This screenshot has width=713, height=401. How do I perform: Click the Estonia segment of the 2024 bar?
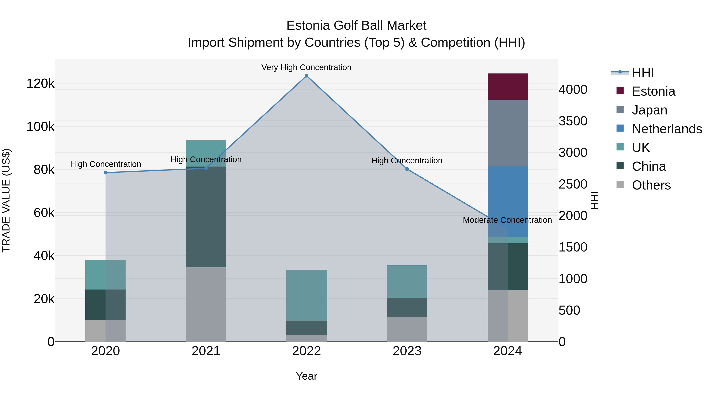point(507,86)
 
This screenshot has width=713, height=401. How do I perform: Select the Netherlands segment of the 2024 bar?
point(507,201)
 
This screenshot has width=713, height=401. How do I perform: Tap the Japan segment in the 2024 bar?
point(507,133)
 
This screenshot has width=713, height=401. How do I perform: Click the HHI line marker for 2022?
point(306,76)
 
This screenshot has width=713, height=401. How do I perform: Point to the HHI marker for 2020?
point(105,173)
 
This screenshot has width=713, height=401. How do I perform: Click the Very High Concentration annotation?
point(306,67)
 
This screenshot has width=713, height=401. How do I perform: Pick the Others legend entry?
point(651,185)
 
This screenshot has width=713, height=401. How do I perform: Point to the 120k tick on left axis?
point(40,84)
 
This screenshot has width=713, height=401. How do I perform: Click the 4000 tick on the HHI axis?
point(573,90)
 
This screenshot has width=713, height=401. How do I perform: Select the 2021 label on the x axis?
point(206,351)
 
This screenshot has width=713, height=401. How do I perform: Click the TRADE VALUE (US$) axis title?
point(6,200)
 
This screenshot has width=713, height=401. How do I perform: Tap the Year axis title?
point(306,376)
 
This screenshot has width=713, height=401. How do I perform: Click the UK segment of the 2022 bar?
point(306,295)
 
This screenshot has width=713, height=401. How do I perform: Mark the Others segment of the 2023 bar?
point(407,329)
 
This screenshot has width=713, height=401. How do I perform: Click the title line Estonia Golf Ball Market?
point(356,26)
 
